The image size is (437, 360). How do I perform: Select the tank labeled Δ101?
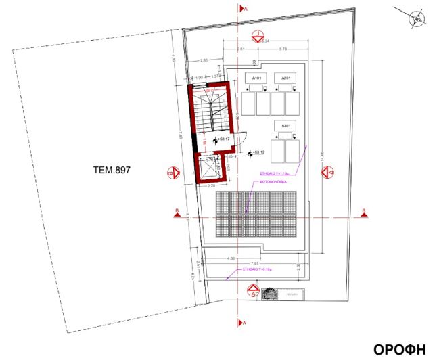click(257, 78)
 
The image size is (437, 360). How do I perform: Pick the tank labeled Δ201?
click(286, 78)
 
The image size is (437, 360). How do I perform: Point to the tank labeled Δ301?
click(285, 126)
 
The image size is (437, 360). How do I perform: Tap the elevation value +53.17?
click(223, 139)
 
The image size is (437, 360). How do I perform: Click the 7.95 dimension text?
click(254, 263)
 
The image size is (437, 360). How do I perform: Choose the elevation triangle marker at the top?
click(257, 36)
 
